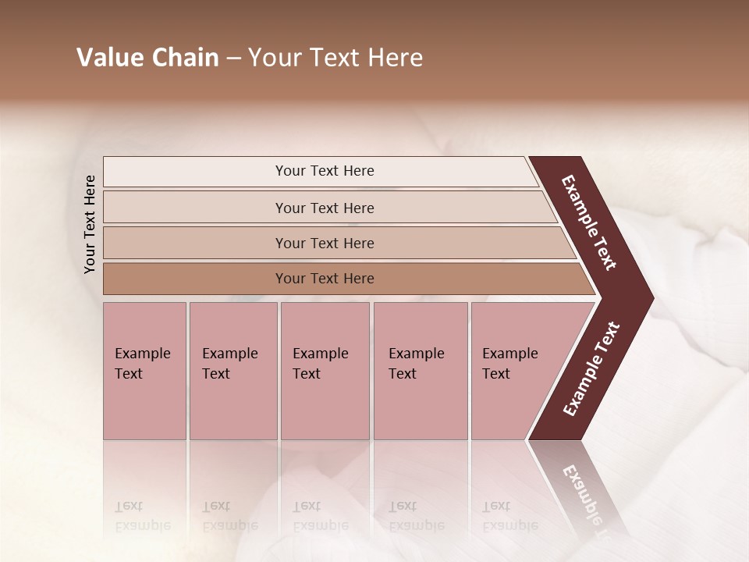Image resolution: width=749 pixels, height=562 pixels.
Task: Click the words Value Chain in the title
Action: pyautogui.click(x=147, y=58)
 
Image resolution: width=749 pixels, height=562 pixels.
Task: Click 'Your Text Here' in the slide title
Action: pyautogui.click(x=335, y=58)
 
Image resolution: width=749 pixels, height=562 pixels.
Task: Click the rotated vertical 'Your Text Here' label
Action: pyautogui.click(x=90, y=224)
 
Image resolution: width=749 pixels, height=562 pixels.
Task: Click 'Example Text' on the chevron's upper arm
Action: pyautogui.click(x=589, y=222)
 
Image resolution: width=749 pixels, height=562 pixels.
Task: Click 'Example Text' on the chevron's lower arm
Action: pyautogui.click(x=591, y=369)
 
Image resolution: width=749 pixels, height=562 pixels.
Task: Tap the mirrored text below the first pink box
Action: pyautogui.click(x=142, y=516)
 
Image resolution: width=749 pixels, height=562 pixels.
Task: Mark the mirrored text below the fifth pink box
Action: pyautogui.click(x=509, y=516)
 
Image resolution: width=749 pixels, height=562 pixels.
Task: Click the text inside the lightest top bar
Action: pyautogui.click(x=325, y=171)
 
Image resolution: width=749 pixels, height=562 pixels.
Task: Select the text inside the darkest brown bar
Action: pyautogui.click(x=325, y=279)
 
